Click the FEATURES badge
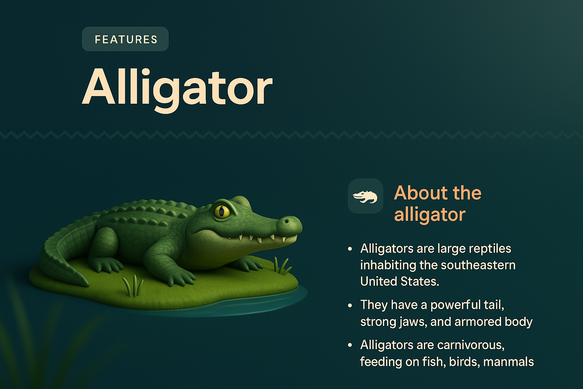point(125,39)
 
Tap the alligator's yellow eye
point(222,211)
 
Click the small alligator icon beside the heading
point(365,196)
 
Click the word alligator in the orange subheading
point(429,215)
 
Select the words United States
point(399,281)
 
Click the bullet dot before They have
point(350,305)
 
